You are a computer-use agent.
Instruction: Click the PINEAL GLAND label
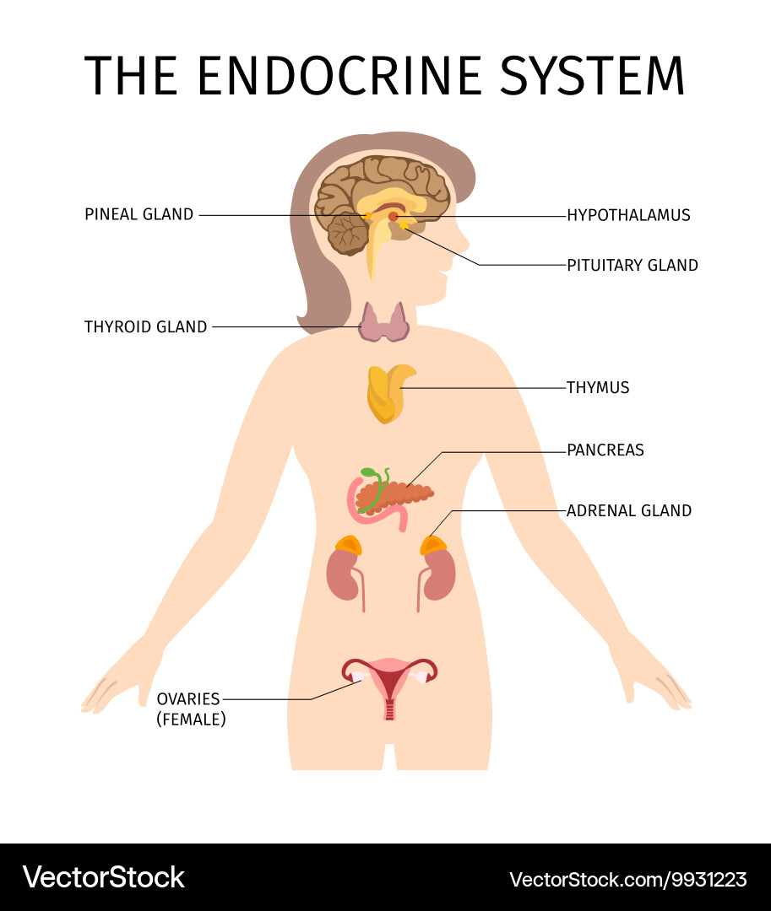tap(139, 214)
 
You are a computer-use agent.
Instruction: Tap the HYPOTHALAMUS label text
tap(628, 215)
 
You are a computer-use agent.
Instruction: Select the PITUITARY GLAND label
tap(633, 265)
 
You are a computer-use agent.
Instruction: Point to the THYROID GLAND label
tap(145, 326)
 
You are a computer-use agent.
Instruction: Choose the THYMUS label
tap(598, 387)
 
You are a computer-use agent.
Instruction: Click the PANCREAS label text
tap(605, 450)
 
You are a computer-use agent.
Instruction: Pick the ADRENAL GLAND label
tap(629, 510)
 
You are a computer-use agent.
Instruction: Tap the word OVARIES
tap(188, 698)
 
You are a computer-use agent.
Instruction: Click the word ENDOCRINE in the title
tap(339, 76)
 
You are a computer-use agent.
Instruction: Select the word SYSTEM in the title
tap(593, 76)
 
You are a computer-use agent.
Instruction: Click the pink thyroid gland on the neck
tap(383, 322)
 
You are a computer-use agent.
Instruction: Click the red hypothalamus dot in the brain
tap(393, 217)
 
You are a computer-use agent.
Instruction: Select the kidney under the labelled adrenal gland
tap(439, 575)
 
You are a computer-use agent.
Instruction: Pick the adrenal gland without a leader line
tap(348, 545)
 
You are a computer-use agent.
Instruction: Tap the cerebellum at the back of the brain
tap(349, 234)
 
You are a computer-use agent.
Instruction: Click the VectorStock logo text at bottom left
tap(104, 877)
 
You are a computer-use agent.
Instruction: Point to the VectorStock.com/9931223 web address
tap(628, 879)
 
